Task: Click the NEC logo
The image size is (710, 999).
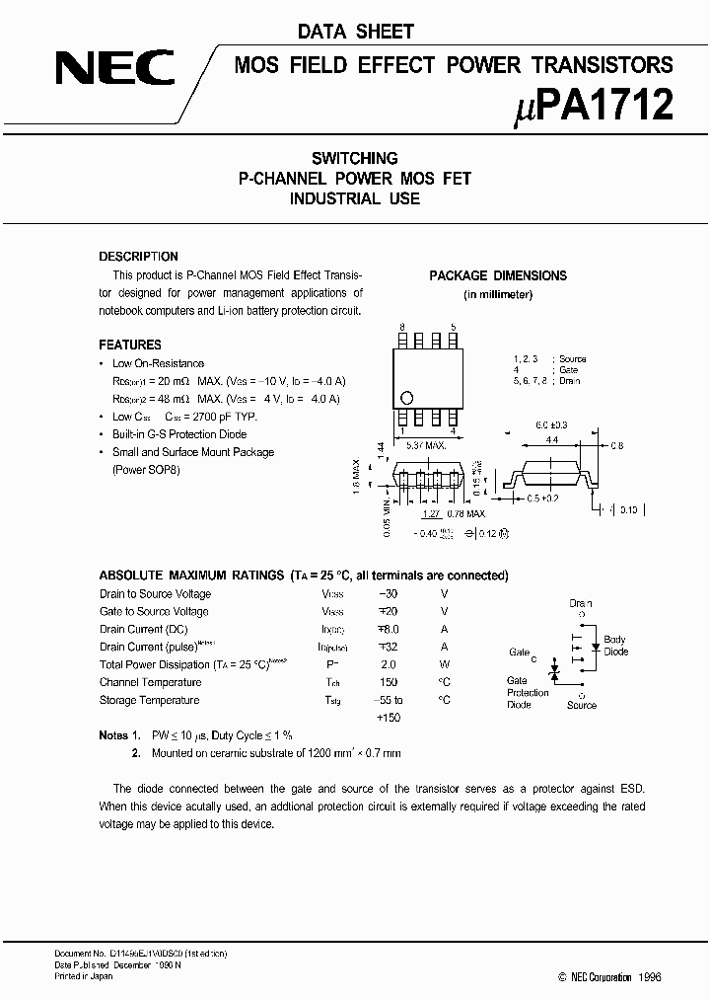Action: (114, 68)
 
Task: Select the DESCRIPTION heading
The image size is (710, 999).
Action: (138, 256)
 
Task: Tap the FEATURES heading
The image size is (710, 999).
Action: (130, 345)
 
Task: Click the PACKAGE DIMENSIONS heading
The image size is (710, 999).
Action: (498, 275)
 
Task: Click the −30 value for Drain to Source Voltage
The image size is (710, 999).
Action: (390, 594)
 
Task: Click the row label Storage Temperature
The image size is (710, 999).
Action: (149, 701)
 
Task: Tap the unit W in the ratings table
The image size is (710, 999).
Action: (444, 665)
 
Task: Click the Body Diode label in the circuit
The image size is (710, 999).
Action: (614, 646)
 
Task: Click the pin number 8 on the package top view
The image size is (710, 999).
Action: (401, 326)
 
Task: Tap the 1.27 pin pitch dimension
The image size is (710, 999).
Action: (430, 513)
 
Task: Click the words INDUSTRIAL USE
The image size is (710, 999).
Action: (354, 198)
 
